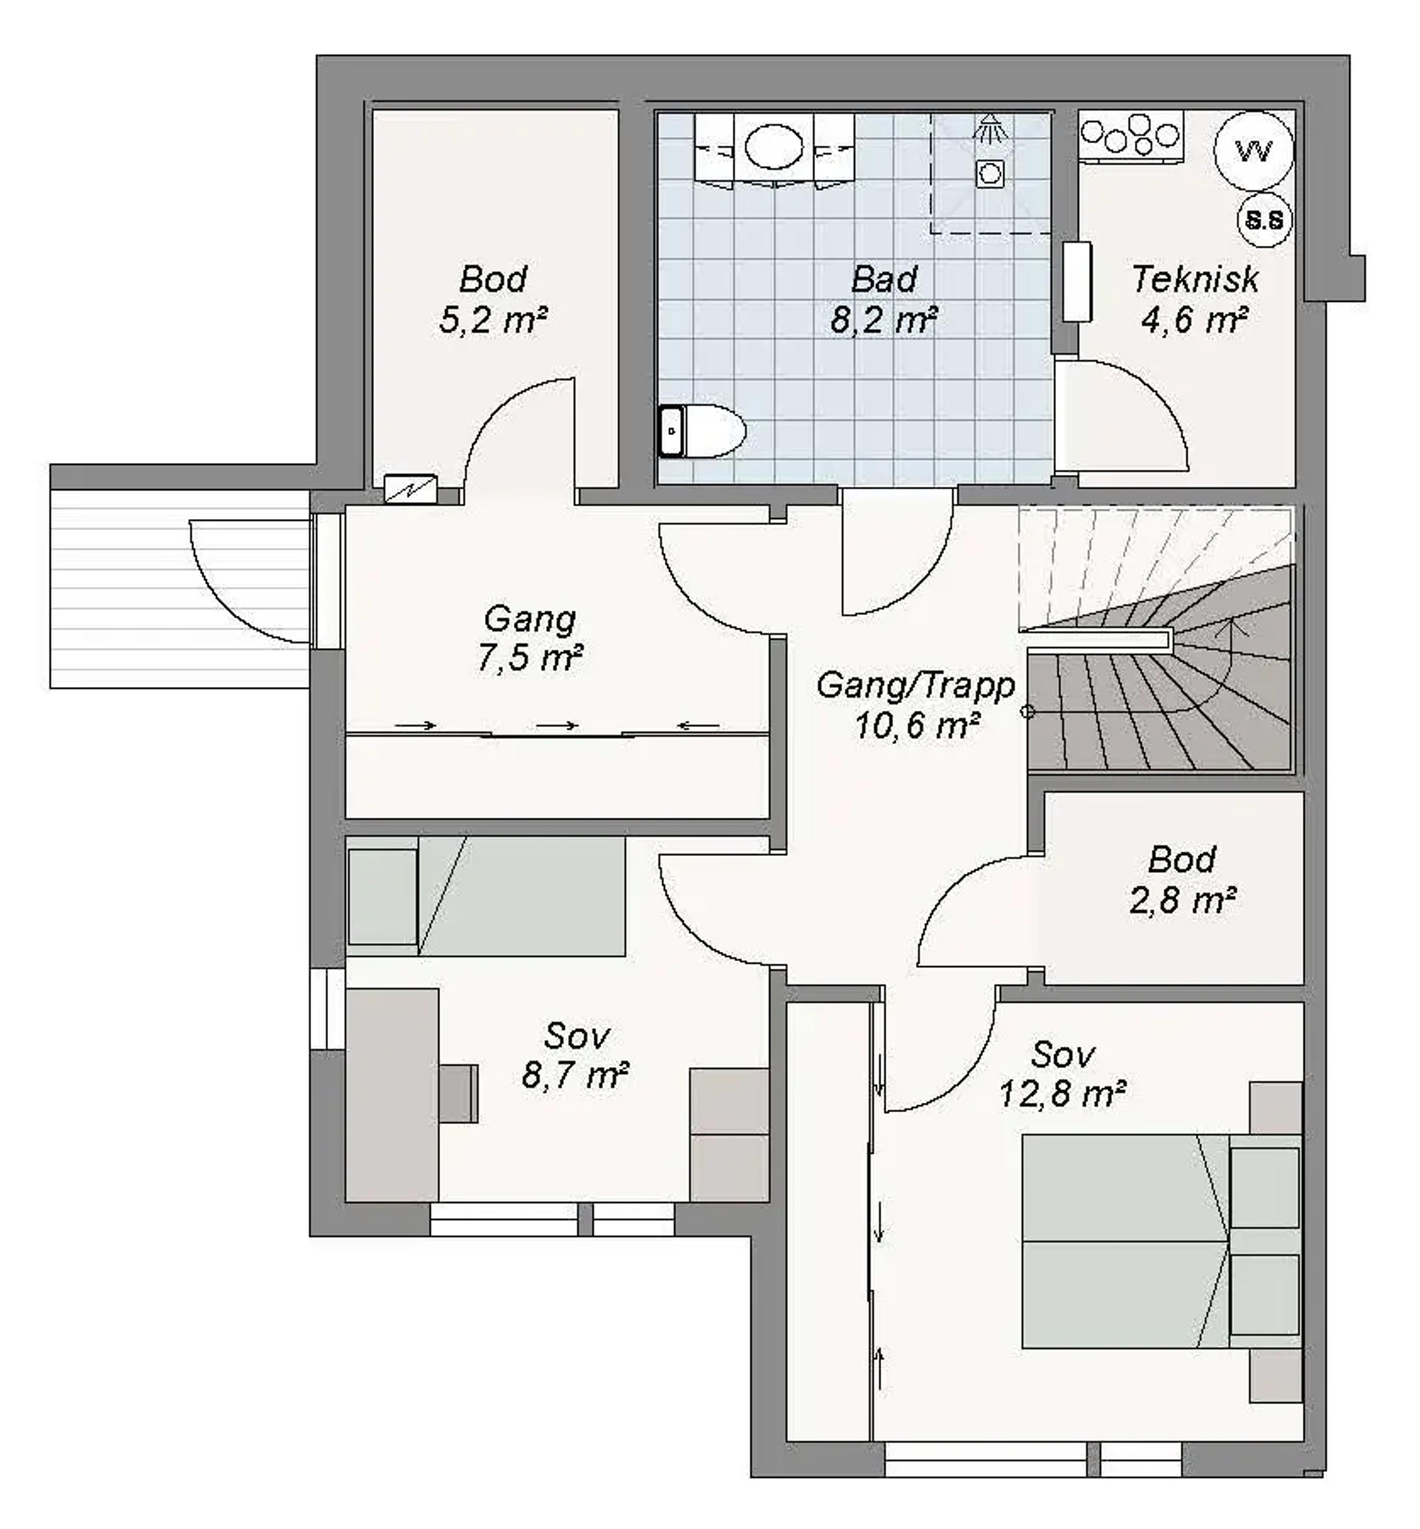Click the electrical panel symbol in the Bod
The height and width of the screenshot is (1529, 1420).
pos(410,489)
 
